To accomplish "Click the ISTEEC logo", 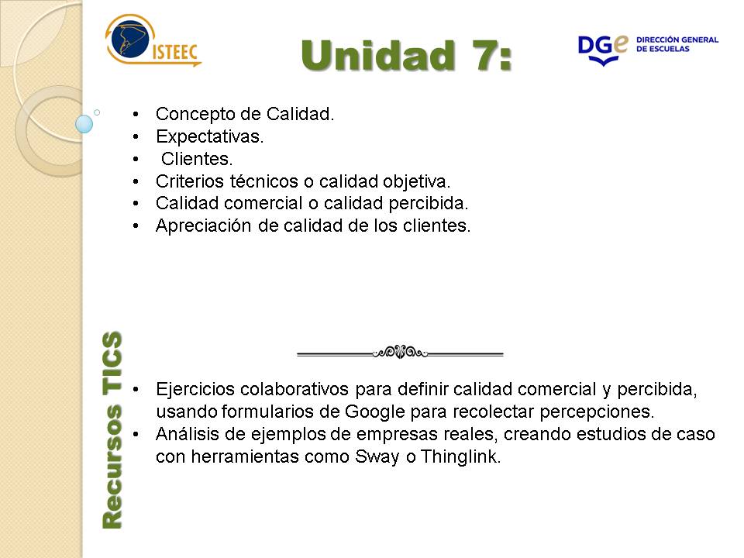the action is tap(153, 41).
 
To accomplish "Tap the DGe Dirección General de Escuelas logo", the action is tap(648, 50).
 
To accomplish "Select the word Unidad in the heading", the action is tap(377, 56).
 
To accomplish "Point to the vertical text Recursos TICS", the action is tap(112, 430).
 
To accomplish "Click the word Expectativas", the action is tap(210, 136).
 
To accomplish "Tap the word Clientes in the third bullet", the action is tap(197, 159).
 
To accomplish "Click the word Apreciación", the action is tap(204, 226).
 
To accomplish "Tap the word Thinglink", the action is tap(460, 457).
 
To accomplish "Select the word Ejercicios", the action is tap(195, 390).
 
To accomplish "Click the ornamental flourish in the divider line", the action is tap(400, 352).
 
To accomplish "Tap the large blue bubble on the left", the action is tap(84, 124).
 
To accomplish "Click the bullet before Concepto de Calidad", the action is tap(136, 115).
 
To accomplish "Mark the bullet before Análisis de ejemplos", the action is tap(136, 434).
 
